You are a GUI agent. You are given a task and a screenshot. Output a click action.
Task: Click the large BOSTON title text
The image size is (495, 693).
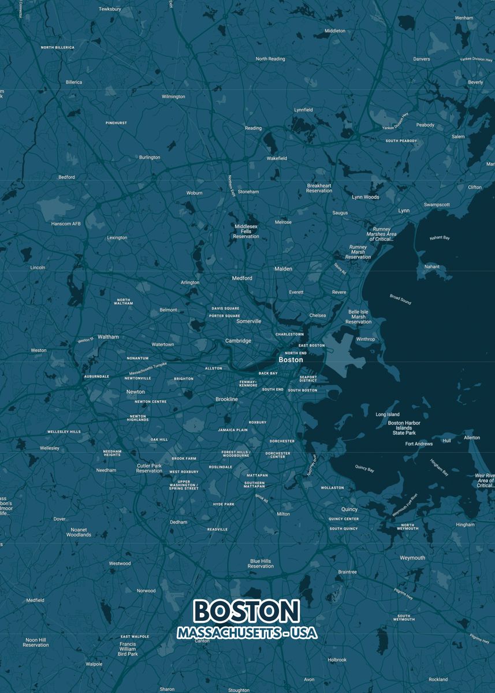247,611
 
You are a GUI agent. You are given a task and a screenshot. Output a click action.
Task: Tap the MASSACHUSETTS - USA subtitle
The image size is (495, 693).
247,633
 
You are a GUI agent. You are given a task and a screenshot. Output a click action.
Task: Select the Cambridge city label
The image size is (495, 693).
238,341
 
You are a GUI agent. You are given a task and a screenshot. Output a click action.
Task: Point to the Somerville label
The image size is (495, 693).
249,321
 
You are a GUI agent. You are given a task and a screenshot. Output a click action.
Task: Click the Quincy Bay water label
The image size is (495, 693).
364,468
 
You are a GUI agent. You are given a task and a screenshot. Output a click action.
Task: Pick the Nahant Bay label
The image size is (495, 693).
440,238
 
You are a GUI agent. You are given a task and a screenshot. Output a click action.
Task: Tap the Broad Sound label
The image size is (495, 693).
400,299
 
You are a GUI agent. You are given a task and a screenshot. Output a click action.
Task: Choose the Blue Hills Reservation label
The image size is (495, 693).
260,564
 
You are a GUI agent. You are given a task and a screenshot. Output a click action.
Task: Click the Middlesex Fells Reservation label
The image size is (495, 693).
246,231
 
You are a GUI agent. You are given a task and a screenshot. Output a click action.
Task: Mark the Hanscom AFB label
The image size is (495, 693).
66,223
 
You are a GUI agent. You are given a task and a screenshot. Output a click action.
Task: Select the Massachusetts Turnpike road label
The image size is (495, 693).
148,368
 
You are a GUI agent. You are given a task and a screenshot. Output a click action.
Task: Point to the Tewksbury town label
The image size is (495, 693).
110,9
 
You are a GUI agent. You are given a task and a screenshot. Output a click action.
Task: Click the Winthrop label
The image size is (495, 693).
365,339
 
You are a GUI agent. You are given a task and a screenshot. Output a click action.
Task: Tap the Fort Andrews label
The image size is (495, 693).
419,444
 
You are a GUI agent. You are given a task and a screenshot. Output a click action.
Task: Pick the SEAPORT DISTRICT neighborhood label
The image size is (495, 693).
308,379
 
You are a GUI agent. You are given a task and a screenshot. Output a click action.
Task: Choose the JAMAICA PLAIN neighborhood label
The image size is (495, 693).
233,430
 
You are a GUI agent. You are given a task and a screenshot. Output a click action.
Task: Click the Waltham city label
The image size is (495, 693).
108,337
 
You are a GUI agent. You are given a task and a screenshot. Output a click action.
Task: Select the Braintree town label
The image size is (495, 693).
347,572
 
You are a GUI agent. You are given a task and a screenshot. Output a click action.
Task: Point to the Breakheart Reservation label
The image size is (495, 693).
319,188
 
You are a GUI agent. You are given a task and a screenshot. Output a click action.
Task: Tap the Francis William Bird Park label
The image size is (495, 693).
128,649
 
